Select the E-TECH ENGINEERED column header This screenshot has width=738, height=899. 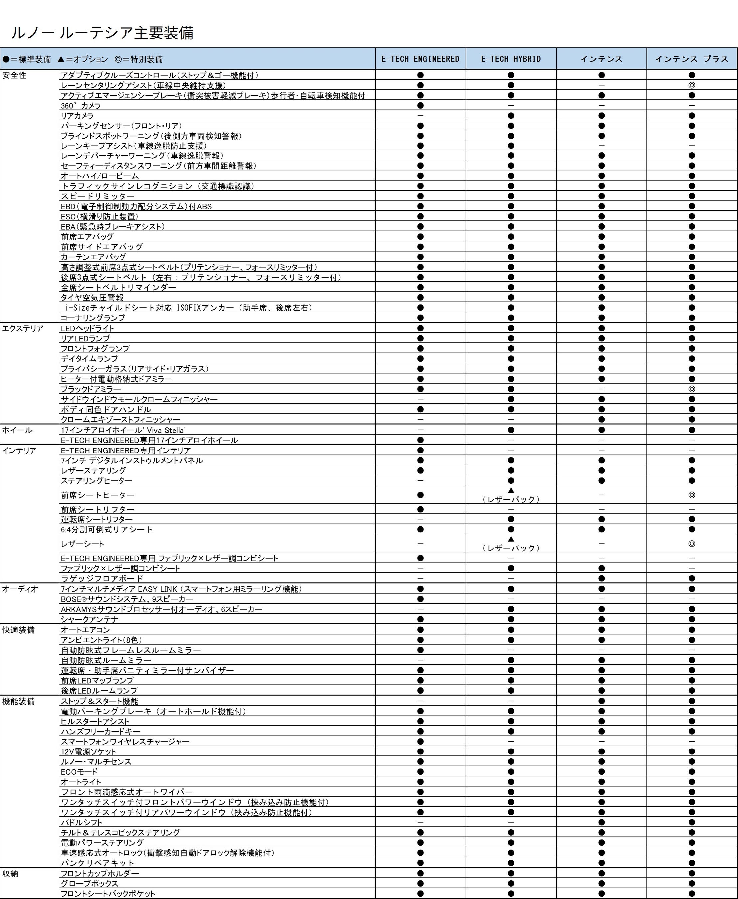point(420,59)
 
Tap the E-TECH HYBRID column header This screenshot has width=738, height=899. point(511,59)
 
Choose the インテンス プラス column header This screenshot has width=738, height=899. point(692,59)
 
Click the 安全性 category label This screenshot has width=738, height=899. point(14,75)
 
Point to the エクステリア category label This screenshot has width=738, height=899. point(23,328)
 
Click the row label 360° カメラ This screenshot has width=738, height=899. point(81,106)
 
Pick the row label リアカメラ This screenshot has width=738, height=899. point(77,116)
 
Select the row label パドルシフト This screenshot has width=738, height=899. point(82,822)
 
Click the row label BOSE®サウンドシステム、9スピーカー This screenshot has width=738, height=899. point(127,599)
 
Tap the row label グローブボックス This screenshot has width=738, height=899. point(89,884)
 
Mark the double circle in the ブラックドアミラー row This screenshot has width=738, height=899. point(692,389)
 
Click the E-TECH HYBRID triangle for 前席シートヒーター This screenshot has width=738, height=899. point(511,491)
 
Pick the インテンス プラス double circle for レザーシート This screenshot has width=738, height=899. point(692,543)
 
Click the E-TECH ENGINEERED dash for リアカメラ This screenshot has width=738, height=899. point(420,116)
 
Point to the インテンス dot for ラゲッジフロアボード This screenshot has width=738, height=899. point(601,578)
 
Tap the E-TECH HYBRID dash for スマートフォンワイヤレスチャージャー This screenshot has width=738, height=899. point(511,741)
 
